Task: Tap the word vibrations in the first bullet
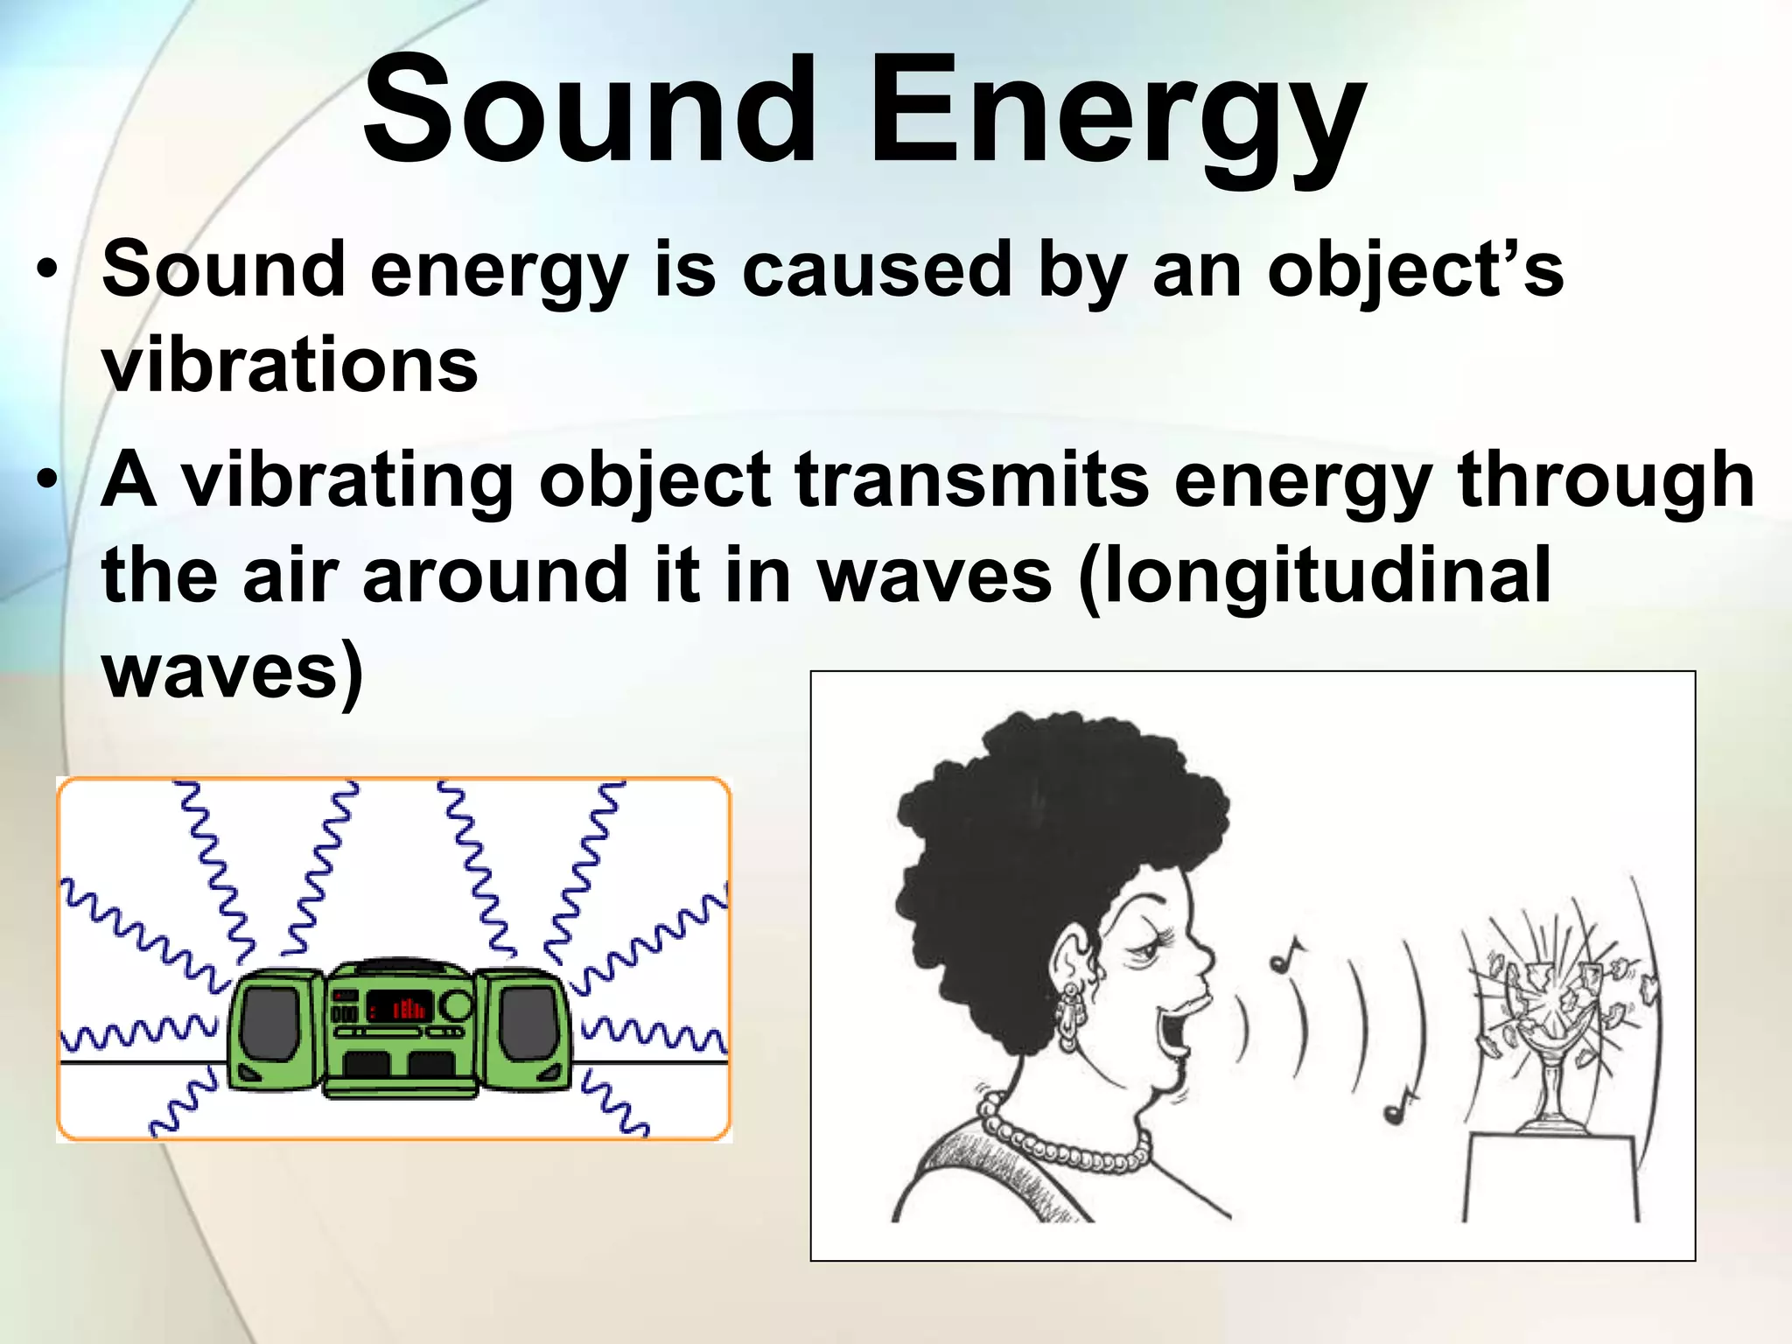290,366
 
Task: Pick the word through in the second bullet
1606,481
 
